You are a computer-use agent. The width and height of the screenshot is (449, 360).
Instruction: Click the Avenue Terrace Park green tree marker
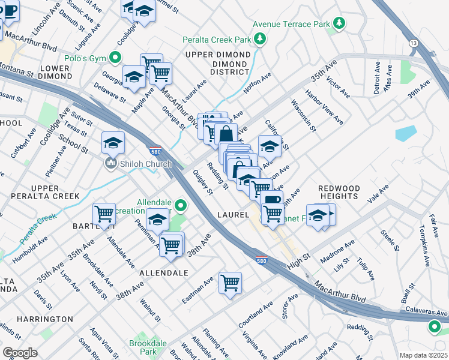[340, 23]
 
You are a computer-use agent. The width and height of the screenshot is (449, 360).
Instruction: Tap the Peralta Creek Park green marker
[259, 40]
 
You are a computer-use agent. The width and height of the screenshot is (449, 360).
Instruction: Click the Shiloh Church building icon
[110, 164]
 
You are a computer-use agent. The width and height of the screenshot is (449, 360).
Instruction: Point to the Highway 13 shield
[414, 43]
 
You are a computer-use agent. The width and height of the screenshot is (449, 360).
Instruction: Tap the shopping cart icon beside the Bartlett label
[104, 214]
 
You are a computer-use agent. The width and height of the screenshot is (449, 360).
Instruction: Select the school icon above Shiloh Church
[112, 143]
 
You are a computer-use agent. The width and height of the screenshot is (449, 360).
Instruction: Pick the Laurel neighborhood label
[234, 214]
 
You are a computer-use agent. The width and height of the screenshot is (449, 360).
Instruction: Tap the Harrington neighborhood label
[45, 319]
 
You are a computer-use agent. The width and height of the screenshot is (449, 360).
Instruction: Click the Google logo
[20, 353]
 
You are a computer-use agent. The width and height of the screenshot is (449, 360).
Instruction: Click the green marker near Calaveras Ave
[434, 327]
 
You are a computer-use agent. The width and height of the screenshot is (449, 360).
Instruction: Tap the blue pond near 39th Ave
[406, 133]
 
